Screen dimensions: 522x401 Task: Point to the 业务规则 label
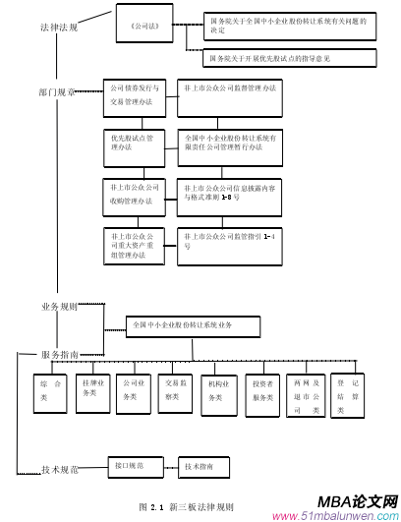click(x=59, y=307)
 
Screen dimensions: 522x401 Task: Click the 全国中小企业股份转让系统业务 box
click(x=193, y=325)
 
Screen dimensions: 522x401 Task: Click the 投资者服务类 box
click(x=262, y=391)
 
